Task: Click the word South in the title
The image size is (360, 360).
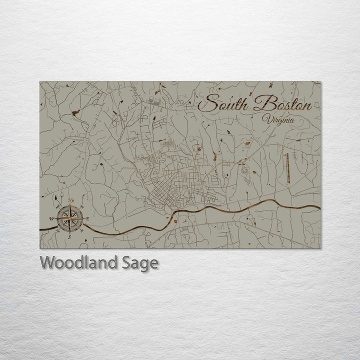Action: click(225, 105)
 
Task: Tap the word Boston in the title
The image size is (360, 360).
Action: click(282, 105)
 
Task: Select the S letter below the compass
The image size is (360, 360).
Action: click(69, 236)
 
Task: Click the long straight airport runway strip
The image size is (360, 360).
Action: click(287, 167)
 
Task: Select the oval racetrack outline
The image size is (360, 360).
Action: click(244, 169)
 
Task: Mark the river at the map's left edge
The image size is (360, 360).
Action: click(46, 229)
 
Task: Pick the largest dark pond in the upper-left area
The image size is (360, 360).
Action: click(75, 113)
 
